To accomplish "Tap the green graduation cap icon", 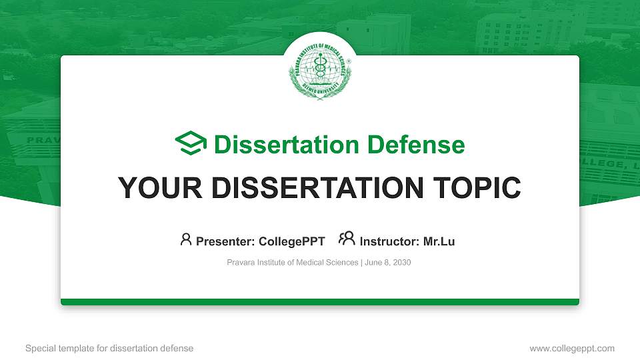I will pos(191,144).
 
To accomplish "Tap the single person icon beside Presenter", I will pos(186,240).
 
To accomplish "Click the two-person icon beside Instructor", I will pos(347,240).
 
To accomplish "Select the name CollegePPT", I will pos(293,242).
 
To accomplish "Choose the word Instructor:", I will pos(390,242).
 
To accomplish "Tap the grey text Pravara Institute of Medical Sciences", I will pos(293,263).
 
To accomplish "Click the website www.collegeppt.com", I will pos(572,348).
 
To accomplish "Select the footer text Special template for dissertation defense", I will pos(109,348).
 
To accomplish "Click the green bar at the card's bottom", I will pos(320,302).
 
